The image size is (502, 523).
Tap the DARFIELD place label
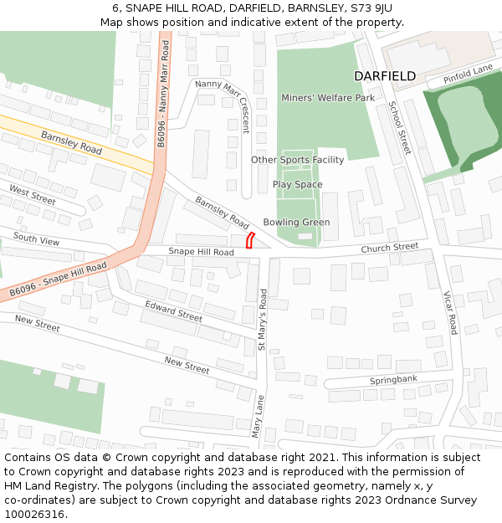point(385,76)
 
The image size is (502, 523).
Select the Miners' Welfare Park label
point(328,98)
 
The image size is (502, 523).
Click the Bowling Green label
point(296,222)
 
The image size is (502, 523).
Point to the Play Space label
point(297,184)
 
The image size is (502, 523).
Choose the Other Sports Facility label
point(297,160)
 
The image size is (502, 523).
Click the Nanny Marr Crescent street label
point(223,106)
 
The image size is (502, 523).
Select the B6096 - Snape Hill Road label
point(59,279)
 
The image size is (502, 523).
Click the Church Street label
point(389,248)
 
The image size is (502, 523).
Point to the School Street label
point(399,127)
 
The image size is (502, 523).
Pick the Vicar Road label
point(450,312)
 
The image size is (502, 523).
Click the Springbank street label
point(393,381)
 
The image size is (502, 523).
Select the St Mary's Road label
point(264,319)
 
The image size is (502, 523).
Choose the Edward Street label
point(174,310)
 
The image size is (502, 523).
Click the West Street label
point(33,195)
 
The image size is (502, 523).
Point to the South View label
point(36,240)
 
